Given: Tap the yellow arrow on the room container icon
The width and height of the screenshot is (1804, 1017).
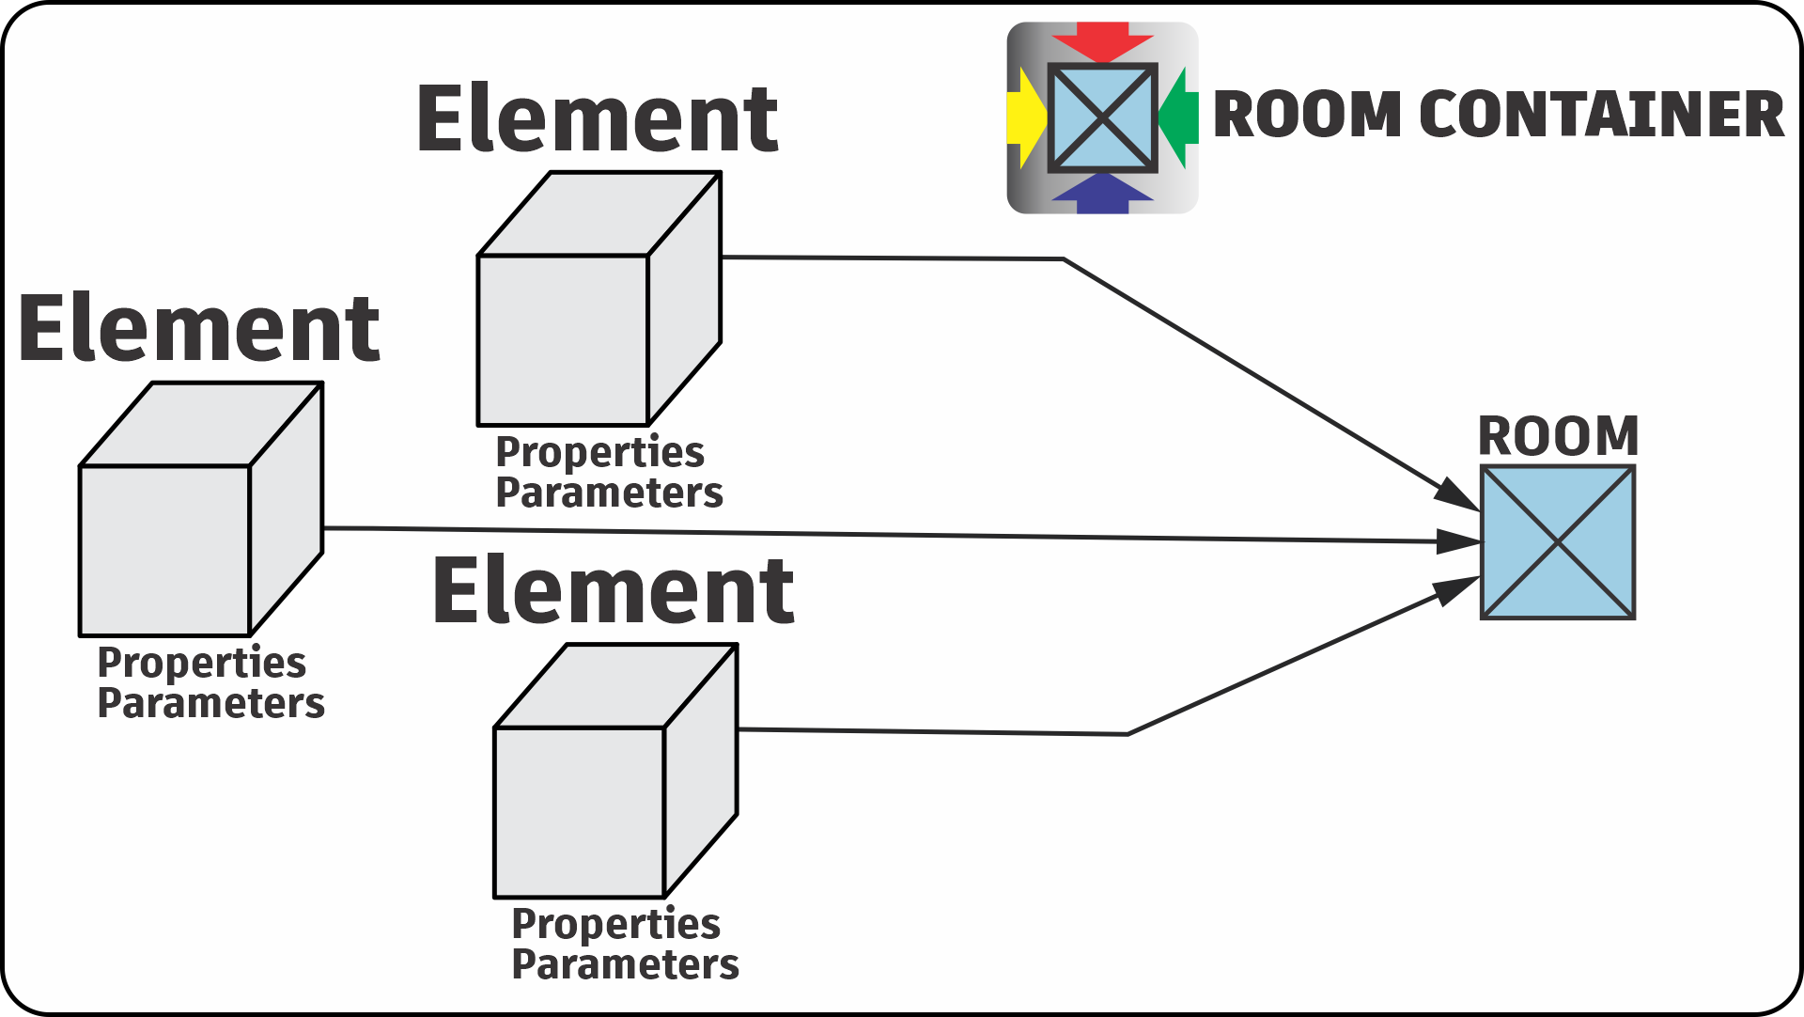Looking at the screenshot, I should tap(1024, 117).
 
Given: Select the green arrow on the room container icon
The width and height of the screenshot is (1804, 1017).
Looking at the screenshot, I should tap(1180, 117).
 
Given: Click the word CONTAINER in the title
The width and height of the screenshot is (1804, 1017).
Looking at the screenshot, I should tap(1601, 115).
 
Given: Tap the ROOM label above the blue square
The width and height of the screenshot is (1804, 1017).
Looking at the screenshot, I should tap(1558, 436).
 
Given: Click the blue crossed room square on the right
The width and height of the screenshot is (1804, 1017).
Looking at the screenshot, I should tap(1558, 542).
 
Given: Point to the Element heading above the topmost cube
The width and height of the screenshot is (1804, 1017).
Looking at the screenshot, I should tap(598, 119).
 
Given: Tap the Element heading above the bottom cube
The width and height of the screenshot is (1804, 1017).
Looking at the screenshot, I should tap(614, 591).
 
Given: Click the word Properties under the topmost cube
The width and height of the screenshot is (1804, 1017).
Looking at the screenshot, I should tap(599, 452).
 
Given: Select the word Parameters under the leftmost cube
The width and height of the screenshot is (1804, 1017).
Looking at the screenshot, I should tap(210, 704).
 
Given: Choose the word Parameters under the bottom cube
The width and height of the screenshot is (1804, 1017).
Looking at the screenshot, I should tap(625, 965).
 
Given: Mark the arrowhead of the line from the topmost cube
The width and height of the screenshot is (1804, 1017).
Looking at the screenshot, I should tap(1457, 495).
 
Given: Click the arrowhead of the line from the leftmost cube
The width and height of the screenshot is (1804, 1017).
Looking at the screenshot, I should tap(1458, 541).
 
